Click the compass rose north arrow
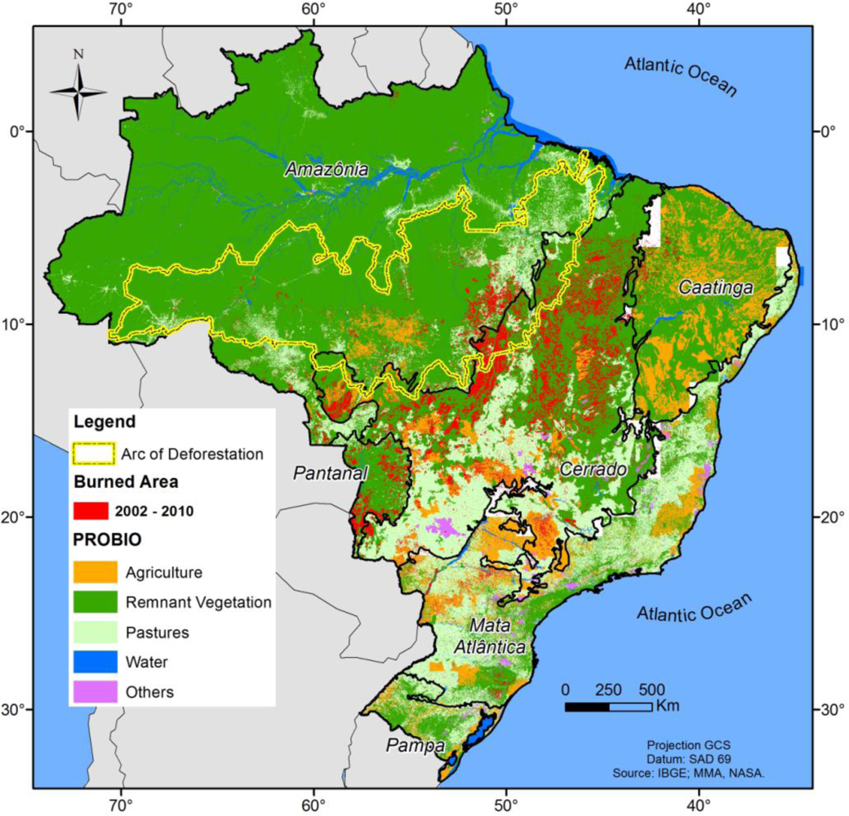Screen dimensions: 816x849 [x=78, y=91]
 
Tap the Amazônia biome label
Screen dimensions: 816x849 [x=327, y=170]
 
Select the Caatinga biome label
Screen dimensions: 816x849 [x=713, y=288]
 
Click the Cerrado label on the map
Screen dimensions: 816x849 [x=593, y=470]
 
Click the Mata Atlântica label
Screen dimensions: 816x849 [x=501, y=636]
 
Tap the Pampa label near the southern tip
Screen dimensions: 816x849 [x=416, y=746]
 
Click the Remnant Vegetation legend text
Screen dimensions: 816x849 [x=198, y=602]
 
